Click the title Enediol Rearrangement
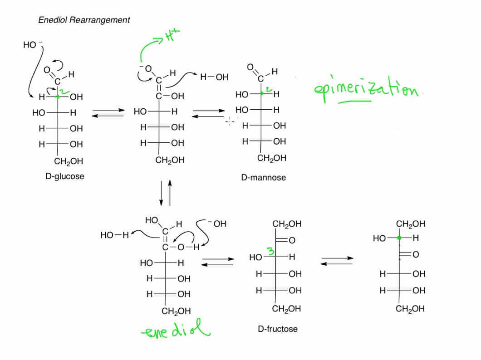(84, 20)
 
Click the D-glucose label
(65, 176)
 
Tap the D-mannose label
(263, 177)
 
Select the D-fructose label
(278, 328)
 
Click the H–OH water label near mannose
(214, 78)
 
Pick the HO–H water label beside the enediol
(115, 235)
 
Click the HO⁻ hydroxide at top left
(31, 45)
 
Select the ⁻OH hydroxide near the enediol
(216, 224)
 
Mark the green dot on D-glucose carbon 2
(58, 97)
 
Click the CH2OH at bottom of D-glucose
(68, 161)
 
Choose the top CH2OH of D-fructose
(287, 224)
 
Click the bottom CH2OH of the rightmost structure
(410, 309)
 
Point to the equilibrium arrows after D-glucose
(108, 112)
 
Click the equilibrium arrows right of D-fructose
(337, 261)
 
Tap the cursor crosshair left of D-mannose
(230, 121)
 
